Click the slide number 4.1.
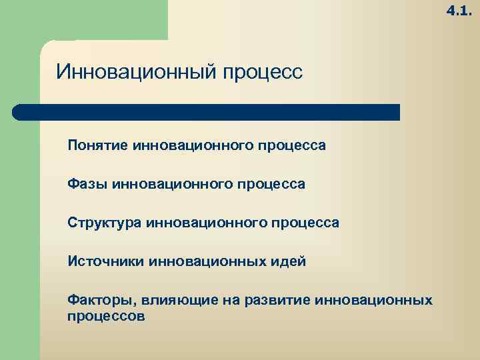[x=459, y=11]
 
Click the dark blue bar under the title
[x=207, y=112]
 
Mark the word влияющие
[x=175, y=301]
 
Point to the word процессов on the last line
[x=106, y=315]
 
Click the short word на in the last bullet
[x=231, y=301]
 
